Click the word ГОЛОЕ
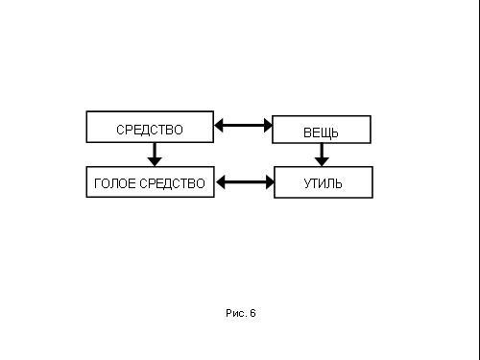click(x=115, y=183)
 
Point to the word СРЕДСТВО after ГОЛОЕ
click(x=173, y=183)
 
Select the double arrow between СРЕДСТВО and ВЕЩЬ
click(x=243, y=125)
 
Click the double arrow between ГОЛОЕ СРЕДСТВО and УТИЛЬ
click(x=245, y=182)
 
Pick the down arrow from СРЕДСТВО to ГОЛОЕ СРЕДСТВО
click(x=155, y=155)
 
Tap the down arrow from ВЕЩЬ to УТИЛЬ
click(x=322, y=155)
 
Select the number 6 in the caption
click(x=252, y=313)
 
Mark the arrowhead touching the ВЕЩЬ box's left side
click(x=268, y=125)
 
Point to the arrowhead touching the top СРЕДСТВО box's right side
click(x=219, y=125)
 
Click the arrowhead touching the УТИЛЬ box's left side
click(x=270, y=182)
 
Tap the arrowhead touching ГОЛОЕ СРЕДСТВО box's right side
click(x=221, y=182)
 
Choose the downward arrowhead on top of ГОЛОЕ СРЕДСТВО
click(x=155, y=161)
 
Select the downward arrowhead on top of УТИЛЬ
click(x=322, y=161)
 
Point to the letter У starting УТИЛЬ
click(x=307, y=183)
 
